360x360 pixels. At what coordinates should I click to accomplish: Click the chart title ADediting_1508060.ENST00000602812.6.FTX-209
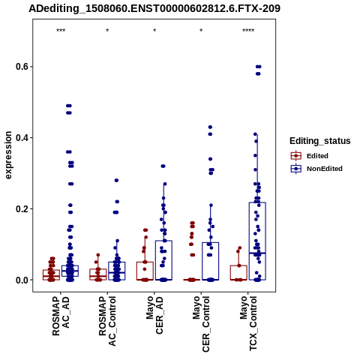click(154, 9)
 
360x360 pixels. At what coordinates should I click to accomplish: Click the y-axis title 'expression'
click(8, 155)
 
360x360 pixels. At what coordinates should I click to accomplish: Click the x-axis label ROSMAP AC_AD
click(61, 316)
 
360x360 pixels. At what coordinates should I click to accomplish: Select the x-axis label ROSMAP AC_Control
click(107, 321)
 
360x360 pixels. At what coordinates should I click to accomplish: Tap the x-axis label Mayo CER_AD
click(154, 315)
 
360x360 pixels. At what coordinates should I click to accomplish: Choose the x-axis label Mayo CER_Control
click(201, 324)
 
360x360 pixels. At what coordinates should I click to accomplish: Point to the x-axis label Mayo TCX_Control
click(248, 323)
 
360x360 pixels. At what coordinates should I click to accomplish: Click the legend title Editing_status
click(320, 141)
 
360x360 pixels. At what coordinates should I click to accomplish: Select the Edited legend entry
click(310, 156)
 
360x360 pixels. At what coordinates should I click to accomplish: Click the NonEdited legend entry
click(316, 169)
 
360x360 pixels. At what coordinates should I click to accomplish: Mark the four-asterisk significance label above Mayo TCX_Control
click(248, 31)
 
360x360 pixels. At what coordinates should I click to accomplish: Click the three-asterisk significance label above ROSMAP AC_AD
click(61, 31)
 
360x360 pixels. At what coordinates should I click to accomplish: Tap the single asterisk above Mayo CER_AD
click(154, 31)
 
